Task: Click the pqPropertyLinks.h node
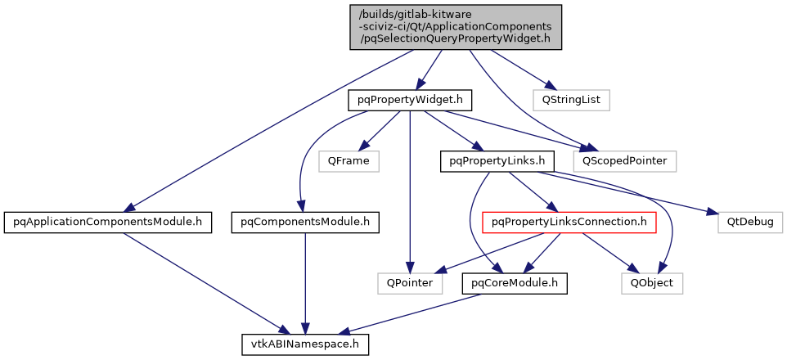(492, 161)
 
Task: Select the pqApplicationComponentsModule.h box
(108, 222)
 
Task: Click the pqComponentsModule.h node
(305, 222)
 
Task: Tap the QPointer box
(410, 283)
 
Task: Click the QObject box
(651, 283)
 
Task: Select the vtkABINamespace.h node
(305, 344)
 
